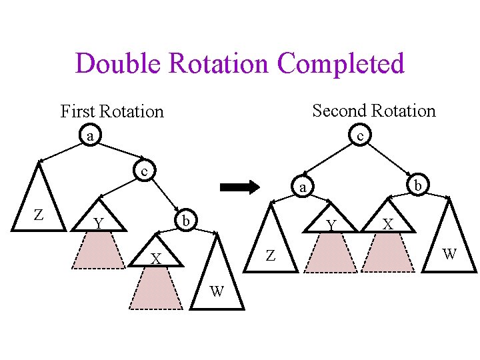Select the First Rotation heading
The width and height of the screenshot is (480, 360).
pos(112,111)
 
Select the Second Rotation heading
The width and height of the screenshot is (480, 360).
pos(373,111)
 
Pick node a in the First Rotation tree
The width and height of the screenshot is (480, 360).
pos(90,136)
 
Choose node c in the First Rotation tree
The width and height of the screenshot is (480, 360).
pos(143,171)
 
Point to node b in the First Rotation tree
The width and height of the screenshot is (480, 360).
pos(188,219)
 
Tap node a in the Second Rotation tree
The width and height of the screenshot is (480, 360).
pos(302,187)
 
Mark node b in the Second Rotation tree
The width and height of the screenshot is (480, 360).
pos(417,185)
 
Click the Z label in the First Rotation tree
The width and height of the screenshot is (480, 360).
pos(39,215)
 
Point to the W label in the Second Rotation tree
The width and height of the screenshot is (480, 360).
pos(449,253)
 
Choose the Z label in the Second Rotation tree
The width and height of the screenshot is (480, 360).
pos(270,255)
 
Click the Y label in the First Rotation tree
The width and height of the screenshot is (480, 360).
pos(98,223)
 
